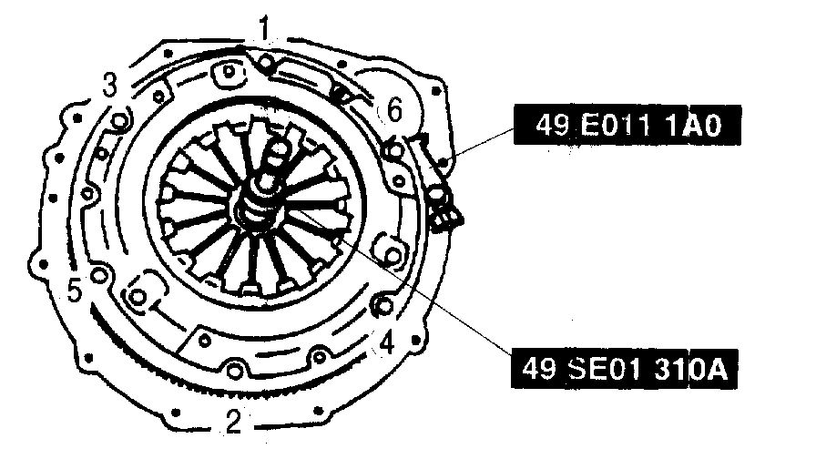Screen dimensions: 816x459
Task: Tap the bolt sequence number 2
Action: pyautogui.click(x=234, y=422)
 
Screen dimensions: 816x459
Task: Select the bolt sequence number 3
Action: pyautogui.click(x=110, y=85)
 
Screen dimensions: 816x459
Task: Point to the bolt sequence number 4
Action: pyautogui.click(x=387, y=343)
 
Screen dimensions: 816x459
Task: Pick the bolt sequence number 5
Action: pyautogui.click(x=75, y=291)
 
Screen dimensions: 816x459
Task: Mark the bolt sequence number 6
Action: pyautogui.click(x=394, y=110)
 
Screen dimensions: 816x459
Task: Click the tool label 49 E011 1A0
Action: pyautogui.click(x=627, y=126)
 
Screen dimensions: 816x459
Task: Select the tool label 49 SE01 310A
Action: pyautogui.click(x=625, y=369)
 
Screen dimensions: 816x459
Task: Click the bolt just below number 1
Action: pyautogui.click(x=266, y=63)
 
